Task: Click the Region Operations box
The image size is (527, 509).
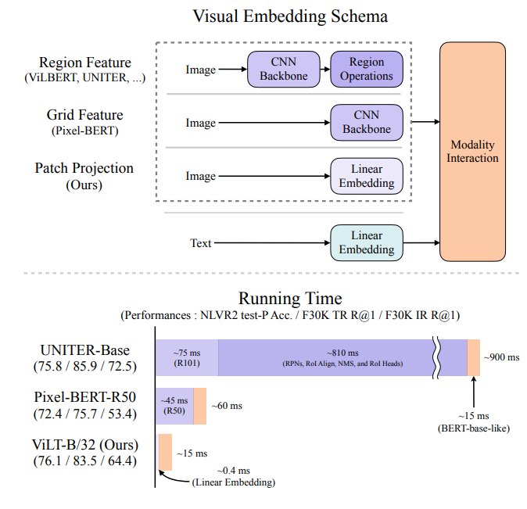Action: coord(367,70)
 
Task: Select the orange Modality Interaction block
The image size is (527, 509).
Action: coord(472,152)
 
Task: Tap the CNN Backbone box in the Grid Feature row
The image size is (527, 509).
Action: coord(367,123)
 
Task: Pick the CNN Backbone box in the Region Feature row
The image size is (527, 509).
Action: coord(284,70)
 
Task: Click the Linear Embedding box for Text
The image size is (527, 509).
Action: coord(367,242)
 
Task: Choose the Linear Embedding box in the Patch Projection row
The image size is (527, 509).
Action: coord(367,176)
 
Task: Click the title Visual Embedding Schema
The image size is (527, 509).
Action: coord(290,16)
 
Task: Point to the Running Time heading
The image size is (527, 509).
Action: coord(290,298)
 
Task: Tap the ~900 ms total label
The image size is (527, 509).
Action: coord(501,357)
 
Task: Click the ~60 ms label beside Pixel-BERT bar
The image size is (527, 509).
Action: coord(227,406)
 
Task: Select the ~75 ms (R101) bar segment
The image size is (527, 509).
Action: coord(187,358)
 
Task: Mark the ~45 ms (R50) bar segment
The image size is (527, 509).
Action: coord(174,406)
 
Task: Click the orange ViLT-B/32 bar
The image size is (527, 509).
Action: coord(165,452)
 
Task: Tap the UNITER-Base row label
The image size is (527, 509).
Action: coord(85,358)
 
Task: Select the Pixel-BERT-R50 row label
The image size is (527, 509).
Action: coord(85,406)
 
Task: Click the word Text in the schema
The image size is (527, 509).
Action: coord(201,243)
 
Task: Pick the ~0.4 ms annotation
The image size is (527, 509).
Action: coord(234,471)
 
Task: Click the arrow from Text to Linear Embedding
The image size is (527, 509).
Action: coord(272,242)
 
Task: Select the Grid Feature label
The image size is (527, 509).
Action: coord(85,115)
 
